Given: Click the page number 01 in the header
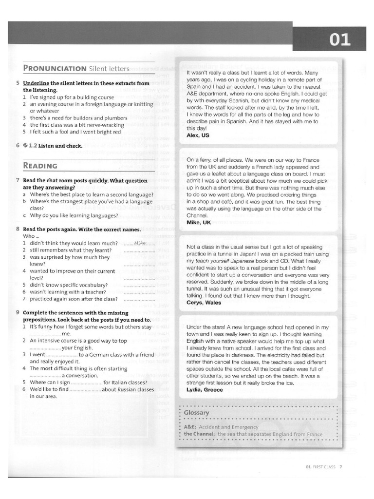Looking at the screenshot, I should [x=339, y=39].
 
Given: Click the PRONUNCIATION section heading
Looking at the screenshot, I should [x=55, y=68].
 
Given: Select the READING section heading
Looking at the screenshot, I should [x=40, y=166].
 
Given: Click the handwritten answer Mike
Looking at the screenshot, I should [x=139, y=242].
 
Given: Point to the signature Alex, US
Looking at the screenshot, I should [x=198, y=135].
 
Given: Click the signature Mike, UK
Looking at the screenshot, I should [x=199, y=222].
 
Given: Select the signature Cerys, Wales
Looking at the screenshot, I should [x=204, y=302].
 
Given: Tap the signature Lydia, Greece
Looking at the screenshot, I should [x=205, y=390].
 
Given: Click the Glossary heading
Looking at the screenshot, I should [x=197, y=413].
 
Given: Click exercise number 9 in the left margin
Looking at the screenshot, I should [x=18, y=312].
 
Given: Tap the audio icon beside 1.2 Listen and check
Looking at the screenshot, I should [x=25, y=145].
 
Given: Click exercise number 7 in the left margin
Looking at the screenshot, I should [x=18, y=180].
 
